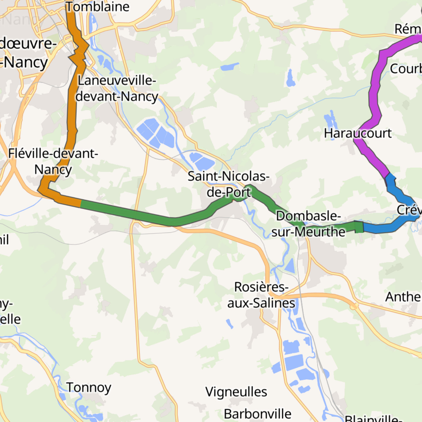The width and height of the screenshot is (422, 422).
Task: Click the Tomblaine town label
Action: point(97,7)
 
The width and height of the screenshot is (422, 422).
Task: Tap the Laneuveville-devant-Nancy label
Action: point(117,88)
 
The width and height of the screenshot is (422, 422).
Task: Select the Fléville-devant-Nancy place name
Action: point(53,161)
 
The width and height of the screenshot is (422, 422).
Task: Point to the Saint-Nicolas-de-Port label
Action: point(228,184)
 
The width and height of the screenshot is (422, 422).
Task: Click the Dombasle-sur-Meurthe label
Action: point(308,224)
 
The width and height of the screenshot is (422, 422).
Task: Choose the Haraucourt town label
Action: point(358,133)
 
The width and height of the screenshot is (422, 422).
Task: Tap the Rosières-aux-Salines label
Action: point(261,295)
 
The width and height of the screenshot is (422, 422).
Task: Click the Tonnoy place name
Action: point(89,387)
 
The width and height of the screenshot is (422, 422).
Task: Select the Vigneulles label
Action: point(236,392)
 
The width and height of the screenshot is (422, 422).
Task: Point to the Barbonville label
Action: point(257,414)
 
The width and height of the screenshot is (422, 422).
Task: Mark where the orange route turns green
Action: point(81,203)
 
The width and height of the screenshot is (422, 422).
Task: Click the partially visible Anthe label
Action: point(403,297)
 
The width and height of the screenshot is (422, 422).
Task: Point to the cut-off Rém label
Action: point(407,29)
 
